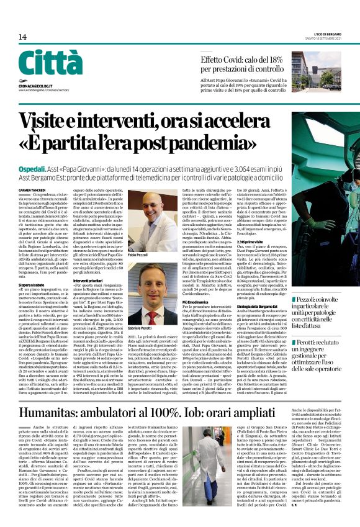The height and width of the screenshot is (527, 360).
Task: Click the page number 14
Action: tap(22, 37)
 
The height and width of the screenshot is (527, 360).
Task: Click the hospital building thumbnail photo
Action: tap(323, 74)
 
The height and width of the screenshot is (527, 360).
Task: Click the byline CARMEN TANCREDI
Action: tap(32, 191)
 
